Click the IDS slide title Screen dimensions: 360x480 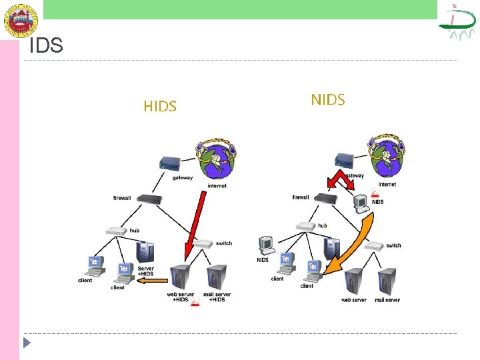pyautogui.click(x=47, y=46)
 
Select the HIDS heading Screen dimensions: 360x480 pyautogui.click(x=160, y=106)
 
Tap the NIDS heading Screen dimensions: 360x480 pyautogui.click(x=328, y=100)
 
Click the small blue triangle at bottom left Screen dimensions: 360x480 pyautogui.click(x=27, y=344)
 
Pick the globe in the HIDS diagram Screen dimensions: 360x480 pyautogui.click(x=216, y=161)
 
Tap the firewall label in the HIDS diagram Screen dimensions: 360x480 pyautogui.click(x=122, y=198)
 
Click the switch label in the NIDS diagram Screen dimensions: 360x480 pyautogui.click(x=393, y=245)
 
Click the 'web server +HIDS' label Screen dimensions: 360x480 pyautogui.click(x=180, y=297)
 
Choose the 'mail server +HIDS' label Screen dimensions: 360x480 pyautogui.click(x=217, y=297)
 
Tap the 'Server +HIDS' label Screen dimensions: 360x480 pyautogui.click(x=145, y=271)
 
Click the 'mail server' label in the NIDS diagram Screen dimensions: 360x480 pyautogui.click(x=387, y=300)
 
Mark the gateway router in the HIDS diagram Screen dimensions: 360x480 pyautogui.click(x=169, y=164)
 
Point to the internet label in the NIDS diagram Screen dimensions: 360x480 pyautogui.click(x=387, y=185)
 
